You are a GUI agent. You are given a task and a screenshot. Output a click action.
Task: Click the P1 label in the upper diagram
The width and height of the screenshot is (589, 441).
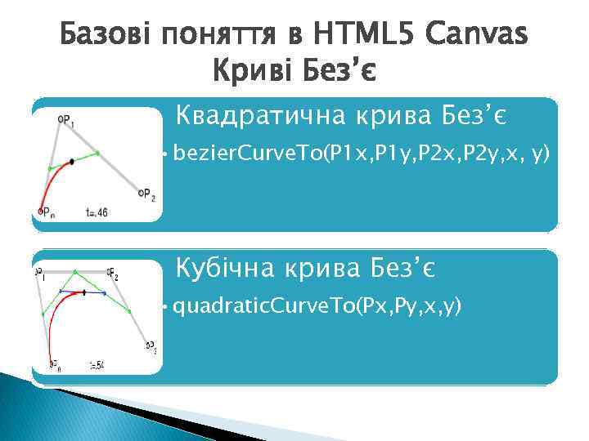pyautogui.click(x=66, y=120)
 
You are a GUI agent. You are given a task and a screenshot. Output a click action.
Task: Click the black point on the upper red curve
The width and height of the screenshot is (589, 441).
pyautogui.click(x=72, y=162)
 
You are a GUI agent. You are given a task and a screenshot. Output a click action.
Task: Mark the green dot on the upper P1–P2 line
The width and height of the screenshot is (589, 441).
pyautogui.click(x=97, y=153)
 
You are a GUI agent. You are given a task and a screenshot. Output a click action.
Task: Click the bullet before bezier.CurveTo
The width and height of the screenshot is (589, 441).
pyautogui.click(x=165, y=153)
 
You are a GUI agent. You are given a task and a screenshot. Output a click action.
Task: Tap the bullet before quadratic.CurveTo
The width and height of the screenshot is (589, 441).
pyautogui.click(x=165, y=307)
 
